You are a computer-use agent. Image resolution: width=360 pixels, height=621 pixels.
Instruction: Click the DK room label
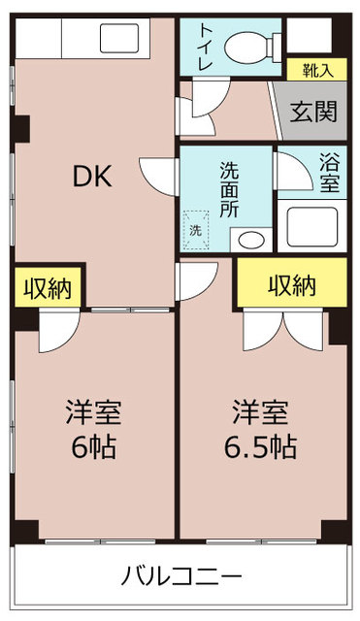[x=93, y=177]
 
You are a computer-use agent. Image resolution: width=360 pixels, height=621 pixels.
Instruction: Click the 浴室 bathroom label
[x=330, y=174]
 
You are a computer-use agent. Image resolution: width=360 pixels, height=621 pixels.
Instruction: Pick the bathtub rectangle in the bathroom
[x=311, y=226]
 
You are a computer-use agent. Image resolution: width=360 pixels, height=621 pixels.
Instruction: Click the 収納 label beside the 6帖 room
[x=47, y=289]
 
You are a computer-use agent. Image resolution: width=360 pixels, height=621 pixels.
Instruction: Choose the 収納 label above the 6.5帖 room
[x=291, y=284]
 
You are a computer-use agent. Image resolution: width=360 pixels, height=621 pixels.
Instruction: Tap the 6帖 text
[x=93, y=447]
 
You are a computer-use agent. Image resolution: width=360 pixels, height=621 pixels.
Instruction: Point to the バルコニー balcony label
[x=181, y=575]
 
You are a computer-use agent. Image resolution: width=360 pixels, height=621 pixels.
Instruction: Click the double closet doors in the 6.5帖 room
[x=283, y=331]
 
